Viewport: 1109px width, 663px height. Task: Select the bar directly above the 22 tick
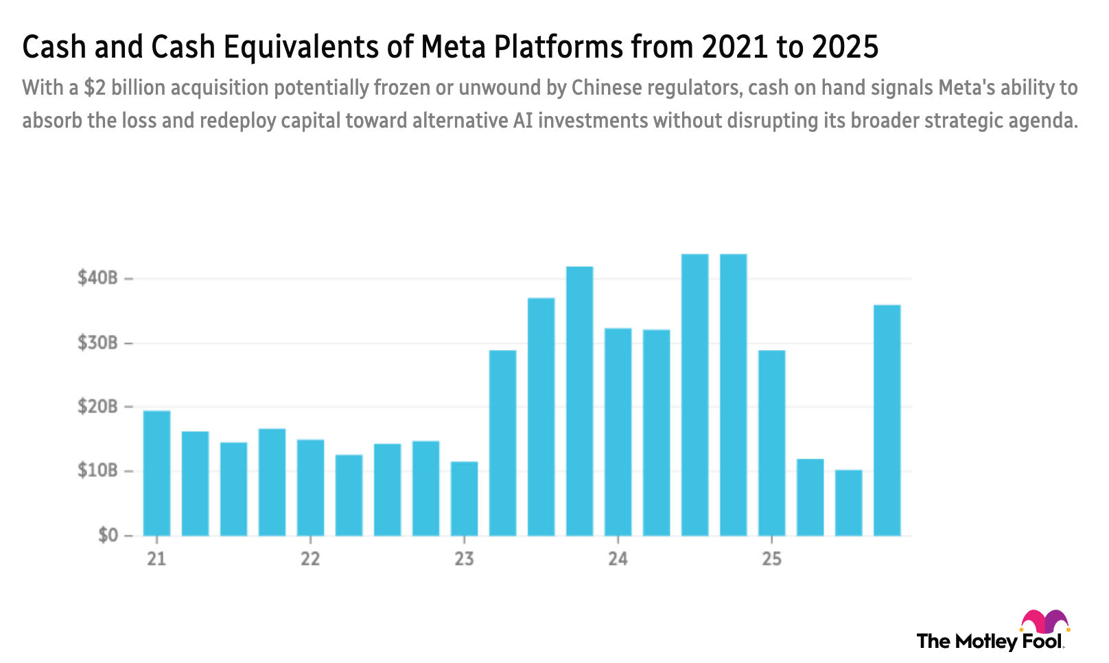pos(310,487)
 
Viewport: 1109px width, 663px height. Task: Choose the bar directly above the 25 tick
pos(771,442)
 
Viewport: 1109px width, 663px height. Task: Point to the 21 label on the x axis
pos(156,559)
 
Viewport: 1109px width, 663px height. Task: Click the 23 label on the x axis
pos(464,559)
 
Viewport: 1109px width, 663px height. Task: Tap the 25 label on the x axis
pos(771,559)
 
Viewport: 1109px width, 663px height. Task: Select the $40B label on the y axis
pos(98,277)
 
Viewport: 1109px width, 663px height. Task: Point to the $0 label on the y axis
pos(107,534)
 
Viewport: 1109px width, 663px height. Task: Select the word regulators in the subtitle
pos(693,88)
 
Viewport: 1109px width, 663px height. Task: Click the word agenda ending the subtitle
pos(1049,121)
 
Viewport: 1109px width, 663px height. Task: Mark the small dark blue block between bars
pos(522,377)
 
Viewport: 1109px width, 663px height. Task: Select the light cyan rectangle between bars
pos(829,377)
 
